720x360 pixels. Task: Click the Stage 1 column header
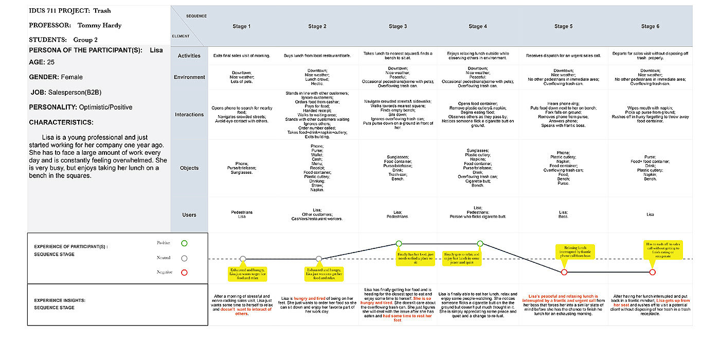pyautogui.click(x=242, y=27)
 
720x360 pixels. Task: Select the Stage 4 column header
pyautogui.click(x=478, y=27)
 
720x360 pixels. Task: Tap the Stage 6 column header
pyautogui.click(x=650, y=27)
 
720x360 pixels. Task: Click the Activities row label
pyautogui.click(x=189, y=56)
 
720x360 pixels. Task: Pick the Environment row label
pyautogui.click(x=189, y=77)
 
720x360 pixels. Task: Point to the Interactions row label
pyautogui.click(x=189, y=115)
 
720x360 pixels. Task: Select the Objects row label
pyautogui.click(x=189, y=168)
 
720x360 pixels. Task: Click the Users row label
pyautogui.click(x=189, y=215)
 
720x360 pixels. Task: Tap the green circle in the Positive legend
pyautogui.click(x=185, y=243)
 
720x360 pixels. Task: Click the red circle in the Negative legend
pyautogui.click(x=185, y=273)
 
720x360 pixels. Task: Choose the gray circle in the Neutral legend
pyautogui.click(x=185, y=258)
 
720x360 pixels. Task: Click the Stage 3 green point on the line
pyautogui.click(x=399, y=244)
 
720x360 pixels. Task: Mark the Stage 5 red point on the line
pyautogui.click(x=564, y=272)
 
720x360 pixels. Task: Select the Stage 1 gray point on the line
pyautogui.click(x=243, y=259)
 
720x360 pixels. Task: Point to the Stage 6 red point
pyautogui.click(x=652, y=272)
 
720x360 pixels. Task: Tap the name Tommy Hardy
pyautogui.click(x=99, y=25)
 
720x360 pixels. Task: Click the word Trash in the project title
pyautogui.click(x=102, y=10)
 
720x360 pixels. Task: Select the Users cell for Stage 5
pyautogui.click(x=563, y=214)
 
